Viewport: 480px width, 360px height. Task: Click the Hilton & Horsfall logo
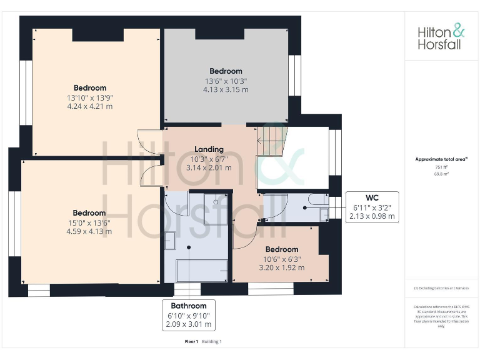click(x=441, y=37)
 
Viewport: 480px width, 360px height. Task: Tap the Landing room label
click(x=209, y=149)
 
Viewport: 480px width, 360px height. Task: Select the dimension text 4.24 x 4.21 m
click(x=90, y=106)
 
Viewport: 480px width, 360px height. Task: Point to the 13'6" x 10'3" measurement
click(x=225, y=81)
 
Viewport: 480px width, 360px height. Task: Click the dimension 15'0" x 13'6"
click(x=89, y=222)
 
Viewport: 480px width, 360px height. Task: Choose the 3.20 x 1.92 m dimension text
click(x=281, y=267)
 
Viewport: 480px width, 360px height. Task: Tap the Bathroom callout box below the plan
click(x=189, y=306)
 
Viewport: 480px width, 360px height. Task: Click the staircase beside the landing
click(x=272, y=141)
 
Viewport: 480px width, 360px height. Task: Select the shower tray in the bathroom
click(x=216, y=209)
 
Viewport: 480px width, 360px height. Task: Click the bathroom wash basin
click(x=170, y=239)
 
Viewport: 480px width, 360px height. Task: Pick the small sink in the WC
click(x=324, y=214)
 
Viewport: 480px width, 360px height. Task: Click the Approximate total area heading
click(x=441, y=159)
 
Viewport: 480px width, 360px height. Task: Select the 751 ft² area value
click(x=441, y=167)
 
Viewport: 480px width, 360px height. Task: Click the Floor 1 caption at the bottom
click(x=191, y=341)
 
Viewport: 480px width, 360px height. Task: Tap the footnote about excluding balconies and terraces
click(x=441, y=287)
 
